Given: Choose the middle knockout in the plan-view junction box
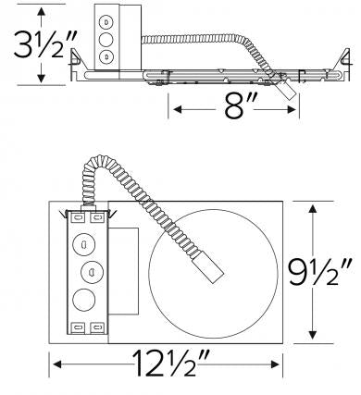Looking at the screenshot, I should (92, 272).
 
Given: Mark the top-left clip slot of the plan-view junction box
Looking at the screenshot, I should (76, 219).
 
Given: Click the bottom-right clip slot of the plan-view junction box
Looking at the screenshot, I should (97, 327).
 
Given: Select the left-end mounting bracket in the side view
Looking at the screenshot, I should (81, 74).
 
